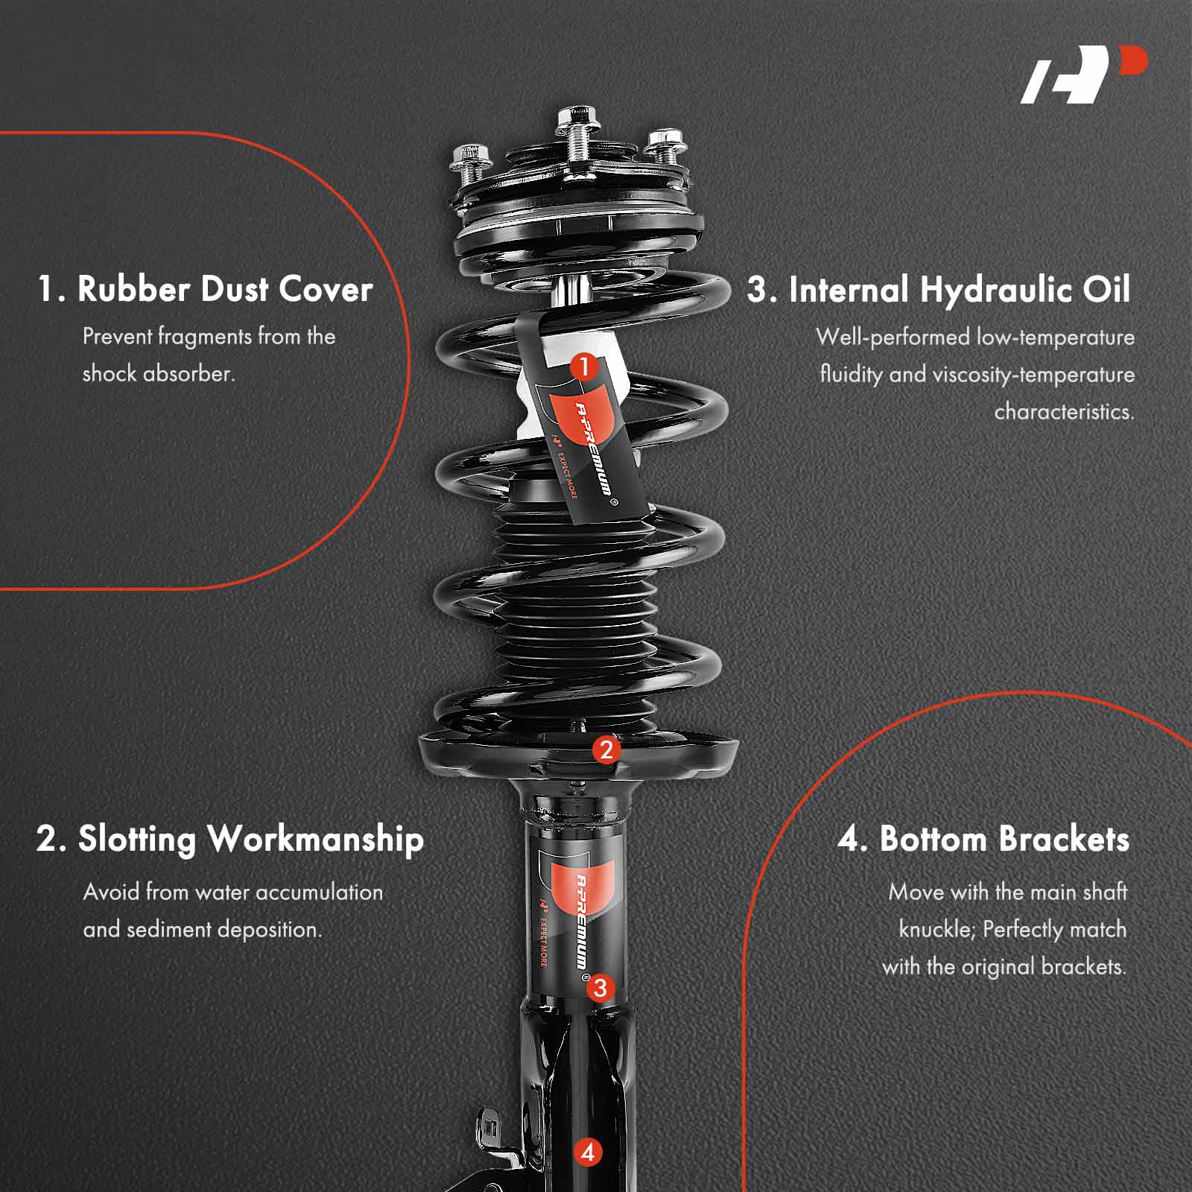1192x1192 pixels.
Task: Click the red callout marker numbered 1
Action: click(585, 367)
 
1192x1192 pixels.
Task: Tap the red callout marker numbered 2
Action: click(606, 749)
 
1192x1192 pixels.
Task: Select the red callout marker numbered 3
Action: click(600, 989)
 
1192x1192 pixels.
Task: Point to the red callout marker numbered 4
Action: click(588, 1153)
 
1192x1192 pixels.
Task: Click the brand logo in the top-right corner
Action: click(1084, 74)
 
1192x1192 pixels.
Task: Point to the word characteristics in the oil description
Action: click(1064, 411)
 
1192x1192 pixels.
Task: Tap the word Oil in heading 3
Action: click(1106, 289)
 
